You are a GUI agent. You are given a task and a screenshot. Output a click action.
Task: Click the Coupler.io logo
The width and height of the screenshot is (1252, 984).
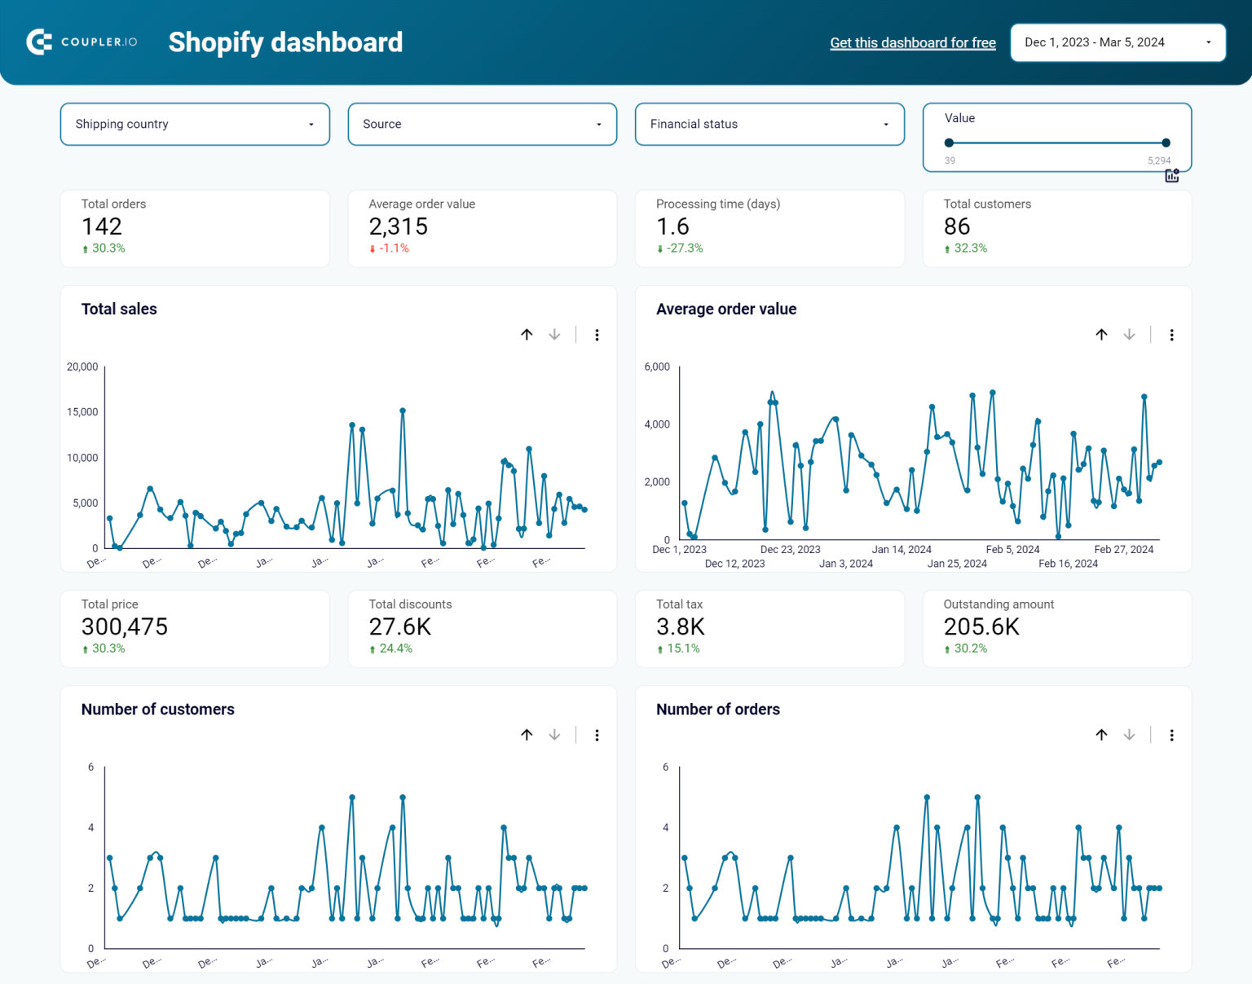click(x=82, y=42)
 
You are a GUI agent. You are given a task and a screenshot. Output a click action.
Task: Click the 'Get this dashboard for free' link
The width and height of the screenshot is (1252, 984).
click(x=912, y=42)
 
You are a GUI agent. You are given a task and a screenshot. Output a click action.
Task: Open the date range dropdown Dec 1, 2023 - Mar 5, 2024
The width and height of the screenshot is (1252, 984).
click(x=1118, y=42)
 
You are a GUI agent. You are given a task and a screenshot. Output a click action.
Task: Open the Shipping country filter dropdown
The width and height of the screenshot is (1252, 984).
click(x=195, y=124)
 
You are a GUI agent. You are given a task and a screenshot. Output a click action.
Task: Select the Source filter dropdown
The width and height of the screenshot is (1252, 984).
click(x=482, y=124)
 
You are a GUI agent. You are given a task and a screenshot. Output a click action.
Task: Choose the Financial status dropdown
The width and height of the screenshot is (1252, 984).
click(x=769, y=124)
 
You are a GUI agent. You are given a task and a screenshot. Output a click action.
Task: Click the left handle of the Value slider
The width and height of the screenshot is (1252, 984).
click(x=949, y=143)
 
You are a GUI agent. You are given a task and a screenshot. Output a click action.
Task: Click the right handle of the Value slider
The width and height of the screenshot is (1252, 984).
click(x=1166, y=143)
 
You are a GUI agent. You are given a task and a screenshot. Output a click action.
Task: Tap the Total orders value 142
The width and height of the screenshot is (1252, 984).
click(x=102, y=226)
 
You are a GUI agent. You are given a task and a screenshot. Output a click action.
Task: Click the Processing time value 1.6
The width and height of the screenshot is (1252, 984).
click(x=672, y=226)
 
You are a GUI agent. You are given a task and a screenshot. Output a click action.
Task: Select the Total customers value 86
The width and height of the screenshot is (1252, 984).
click(x=957, y=226)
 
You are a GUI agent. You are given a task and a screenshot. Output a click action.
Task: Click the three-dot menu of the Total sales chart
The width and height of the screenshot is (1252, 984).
click(x=597, y=335)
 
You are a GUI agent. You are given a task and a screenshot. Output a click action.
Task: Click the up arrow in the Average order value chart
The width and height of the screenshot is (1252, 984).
click(x=1101, y=335)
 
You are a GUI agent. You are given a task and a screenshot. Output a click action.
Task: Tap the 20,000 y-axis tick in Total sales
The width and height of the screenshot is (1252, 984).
click(x=82, y=367)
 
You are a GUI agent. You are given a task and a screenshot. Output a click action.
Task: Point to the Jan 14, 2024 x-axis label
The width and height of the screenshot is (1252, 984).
click(x=901, y=549)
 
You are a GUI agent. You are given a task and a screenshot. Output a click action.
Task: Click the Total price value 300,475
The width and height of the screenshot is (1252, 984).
click(x=125, y=626)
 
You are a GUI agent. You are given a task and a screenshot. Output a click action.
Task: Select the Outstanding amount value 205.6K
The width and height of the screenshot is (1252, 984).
click(x=981, y=626)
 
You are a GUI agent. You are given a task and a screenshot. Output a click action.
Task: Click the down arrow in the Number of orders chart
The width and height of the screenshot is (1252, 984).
click(x=1129, y=735)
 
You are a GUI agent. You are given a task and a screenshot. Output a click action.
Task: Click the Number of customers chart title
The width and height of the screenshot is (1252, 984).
click(x=158, y=709)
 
